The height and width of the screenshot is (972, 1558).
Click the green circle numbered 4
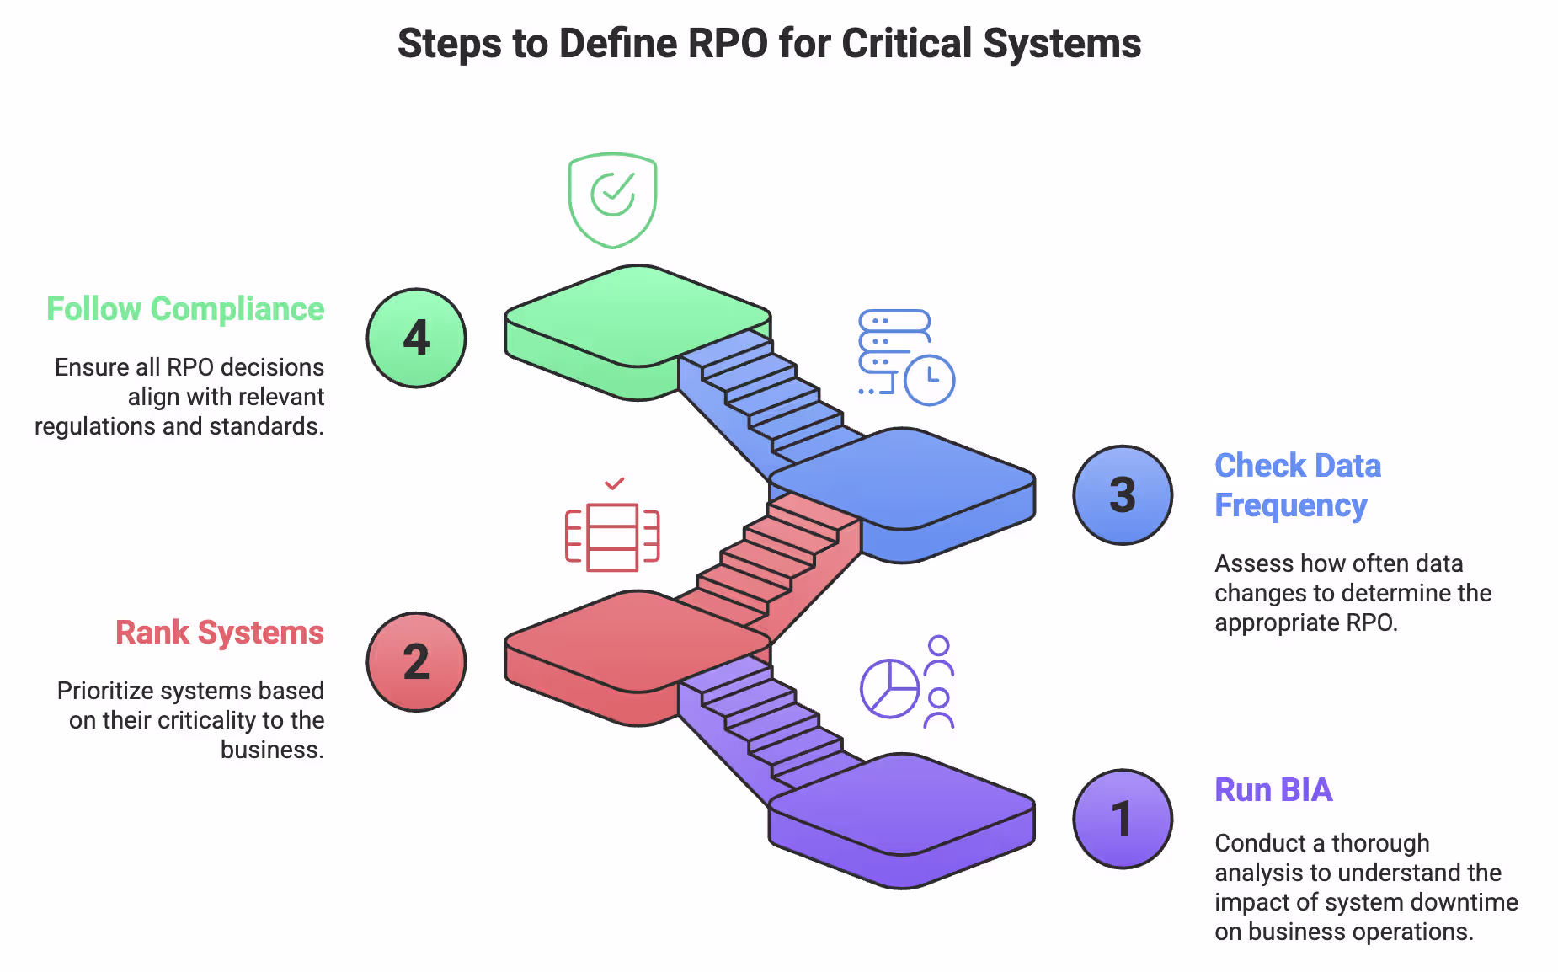416,338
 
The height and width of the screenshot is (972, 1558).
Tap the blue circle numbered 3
1123,495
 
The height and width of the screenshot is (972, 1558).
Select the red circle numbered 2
416,662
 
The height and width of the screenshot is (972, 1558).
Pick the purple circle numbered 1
1123,819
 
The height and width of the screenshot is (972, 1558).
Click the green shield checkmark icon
612,200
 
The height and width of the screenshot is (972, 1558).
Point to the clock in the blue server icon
929,381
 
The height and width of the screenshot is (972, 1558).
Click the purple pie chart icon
889,688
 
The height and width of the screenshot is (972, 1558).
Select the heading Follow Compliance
185,309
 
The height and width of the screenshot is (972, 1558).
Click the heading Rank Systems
220,633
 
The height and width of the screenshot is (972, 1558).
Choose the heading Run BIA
1273,790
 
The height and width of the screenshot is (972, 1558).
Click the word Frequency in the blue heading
1290,505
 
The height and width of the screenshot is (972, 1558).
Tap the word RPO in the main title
727,44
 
